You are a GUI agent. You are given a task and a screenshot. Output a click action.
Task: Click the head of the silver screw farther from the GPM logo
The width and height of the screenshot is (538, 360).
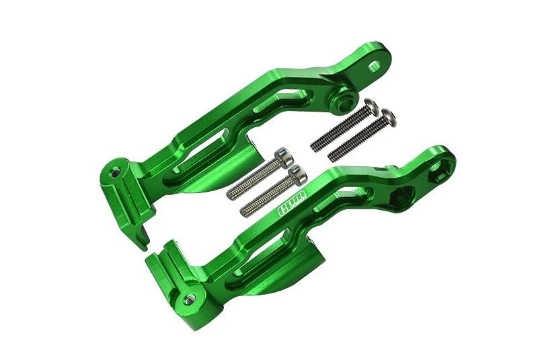283,156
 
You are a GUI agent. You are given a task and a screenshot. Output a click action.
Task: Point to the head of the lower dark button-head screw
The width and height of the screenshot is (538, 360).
389,120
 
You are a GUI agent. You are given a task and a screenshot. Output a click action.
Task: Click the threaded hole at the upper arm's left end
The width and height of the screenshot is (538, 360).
114,172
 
